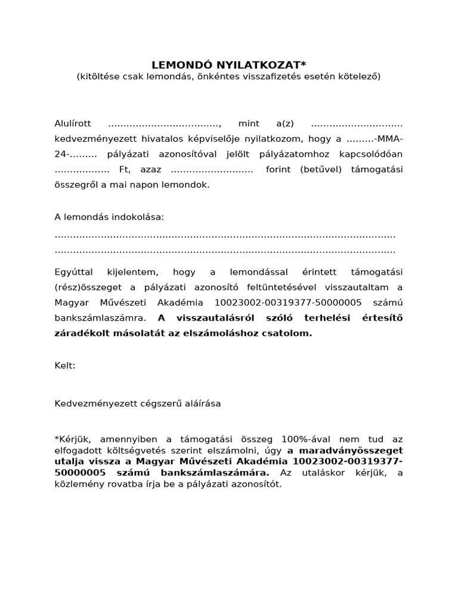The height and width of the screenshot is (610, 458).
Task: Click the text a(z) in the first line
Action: coord(286,124)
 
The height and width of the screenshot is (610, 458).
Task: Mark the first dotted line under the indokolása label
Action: coord(225,235)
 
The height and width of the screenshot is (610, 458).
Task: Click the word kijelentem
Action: coord(132,272)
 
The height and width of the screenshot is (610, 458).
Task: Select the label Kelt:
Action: coord(65,365)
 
